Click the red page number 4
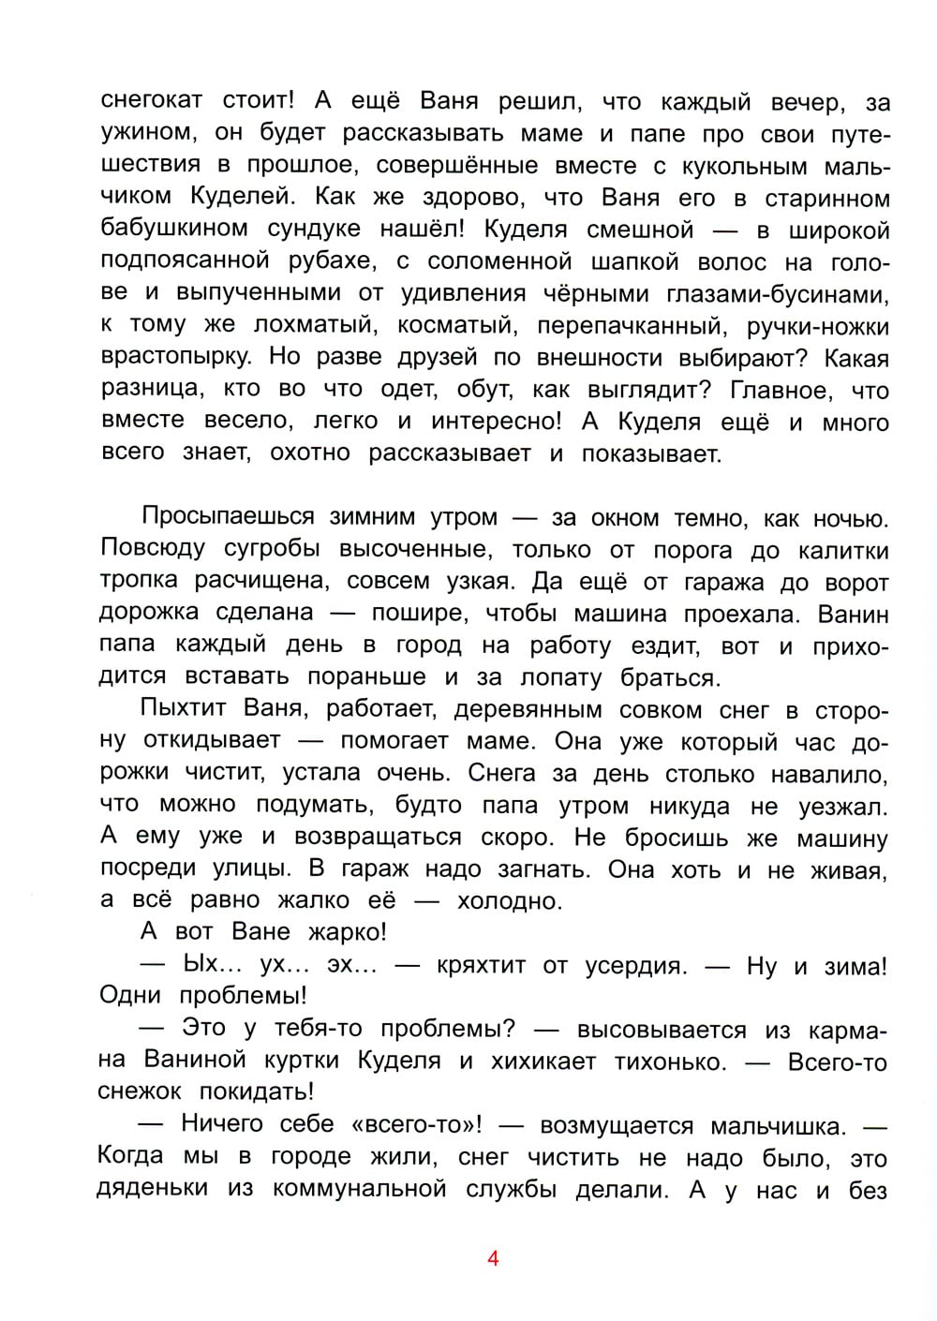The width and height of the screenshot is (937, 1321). coord(493,1258)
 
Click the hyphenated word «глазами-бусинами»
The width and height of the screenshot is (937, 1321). coord(763,293)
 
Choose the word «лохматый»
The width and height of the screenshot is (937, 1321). coord(309,325)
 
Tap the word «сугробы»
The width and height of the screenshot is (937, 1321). coord(263,549)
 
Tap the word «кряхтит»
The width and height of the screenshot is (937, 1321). coord(481,965)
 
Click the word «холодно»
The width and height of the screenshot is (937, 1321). coord(509,901)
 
